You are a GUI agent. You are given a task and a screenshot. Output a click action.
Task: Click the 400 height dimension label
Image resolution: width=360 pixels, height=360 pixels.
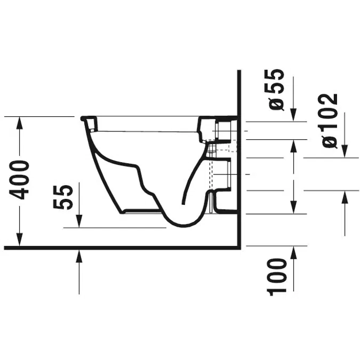(x=19, y=180)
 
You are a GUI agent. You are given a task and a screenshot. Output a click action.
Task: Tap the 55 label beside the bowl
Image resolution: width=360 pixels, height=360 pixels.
(x=63, y=197)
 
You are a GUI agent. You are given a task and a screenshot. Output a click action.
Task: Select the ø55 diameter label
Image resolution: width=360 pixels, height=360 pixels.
(x=274, y=90)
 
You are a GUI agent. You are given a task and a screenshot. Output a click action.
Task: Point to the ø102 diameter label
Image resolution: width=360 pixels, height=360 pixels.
(x=330, y=121)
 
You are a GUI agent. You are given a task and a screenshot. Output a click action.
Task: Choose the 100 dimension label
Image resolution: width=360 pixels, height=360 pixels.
(x=277, y=277)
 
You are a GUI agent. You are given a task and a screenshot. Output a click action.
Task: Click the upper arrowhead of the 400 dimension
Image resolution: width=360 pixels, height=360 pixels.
(x=20, y=124)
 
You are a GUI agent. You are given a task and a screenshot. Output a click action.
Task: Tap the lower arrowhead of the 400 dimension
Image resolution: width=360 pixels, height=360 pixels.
(x=20, y=239)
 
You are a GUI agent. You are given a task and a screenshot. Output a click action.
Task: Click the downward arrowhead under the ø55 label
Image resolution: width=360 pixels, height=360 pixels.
(x=293, y=115)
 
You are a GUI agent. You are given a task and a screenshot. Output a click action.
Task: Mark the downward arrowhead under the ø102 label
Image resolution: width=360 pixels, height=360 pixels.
(x=345, y=151)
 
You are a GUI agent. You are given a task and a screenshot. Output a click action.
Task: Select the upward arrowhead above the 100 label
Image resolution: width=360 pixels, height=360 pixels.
(x=294, y=253)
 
